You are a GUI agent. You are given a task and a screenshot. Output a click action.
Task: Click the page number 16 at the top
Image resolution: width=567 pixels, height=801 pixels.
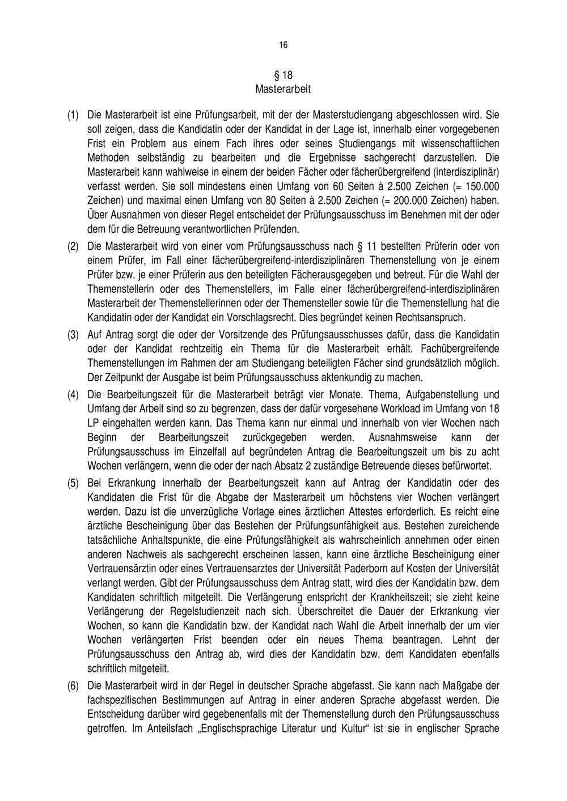[x=283, y=45]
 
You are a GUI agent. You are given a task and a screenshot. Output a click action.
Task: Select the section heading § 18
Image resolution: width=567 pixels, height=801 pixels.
[x=283, y=75]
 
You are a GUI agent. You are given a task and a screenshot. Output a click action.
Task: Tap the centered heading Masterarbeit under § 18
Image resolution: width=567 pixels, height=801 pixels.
[x=283, y=90]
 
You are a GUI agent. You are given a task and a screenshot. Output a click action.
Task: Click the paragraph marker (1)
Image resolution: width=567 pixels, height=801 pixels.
[x=73, y=115]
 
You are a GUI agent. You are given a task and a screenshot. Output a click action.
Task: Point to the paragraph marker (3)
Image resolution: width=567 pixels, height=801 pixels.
[x=73, y=334]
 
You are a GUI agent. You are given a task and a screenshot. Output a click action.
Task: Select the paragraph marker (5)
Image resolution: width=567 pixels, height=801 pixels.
[x=73, y=483]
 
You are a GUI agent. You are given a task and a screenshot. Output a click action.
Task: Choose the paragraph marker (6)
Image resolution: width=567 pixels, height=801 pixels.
[x=73, y=686]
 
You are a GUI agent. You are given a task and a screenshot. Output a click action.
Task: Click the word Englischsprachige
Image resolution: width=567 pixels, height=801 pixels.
[x=241, y=729]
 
